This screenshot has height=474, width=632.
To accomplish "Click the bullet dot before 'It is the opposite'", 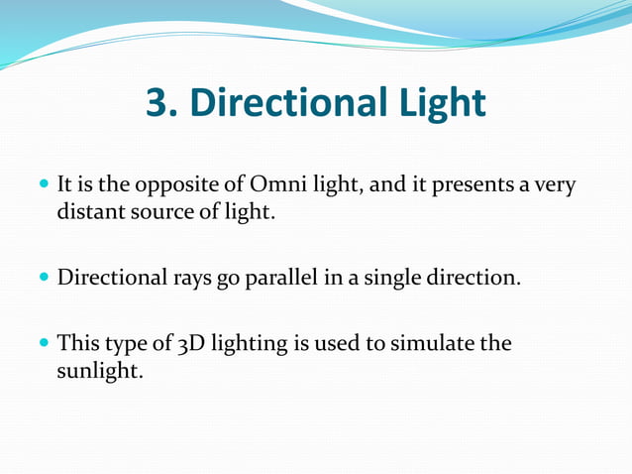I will [x=45, y=185].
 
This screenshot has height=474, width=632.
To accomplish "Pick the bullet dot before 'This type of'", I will [x=45, y=344].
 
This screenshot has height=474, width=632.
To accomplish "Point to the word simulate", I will [x=435, y=343].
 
